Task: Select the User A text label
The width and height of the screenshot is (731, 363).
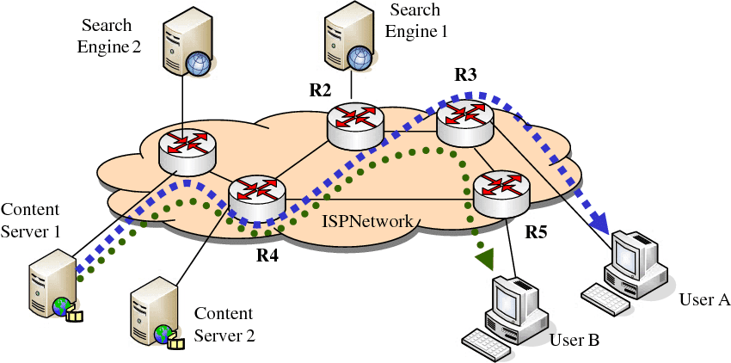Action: tap(704, 299)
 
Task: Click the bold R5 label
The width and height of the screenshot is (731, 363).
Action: tap(537, 232)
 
